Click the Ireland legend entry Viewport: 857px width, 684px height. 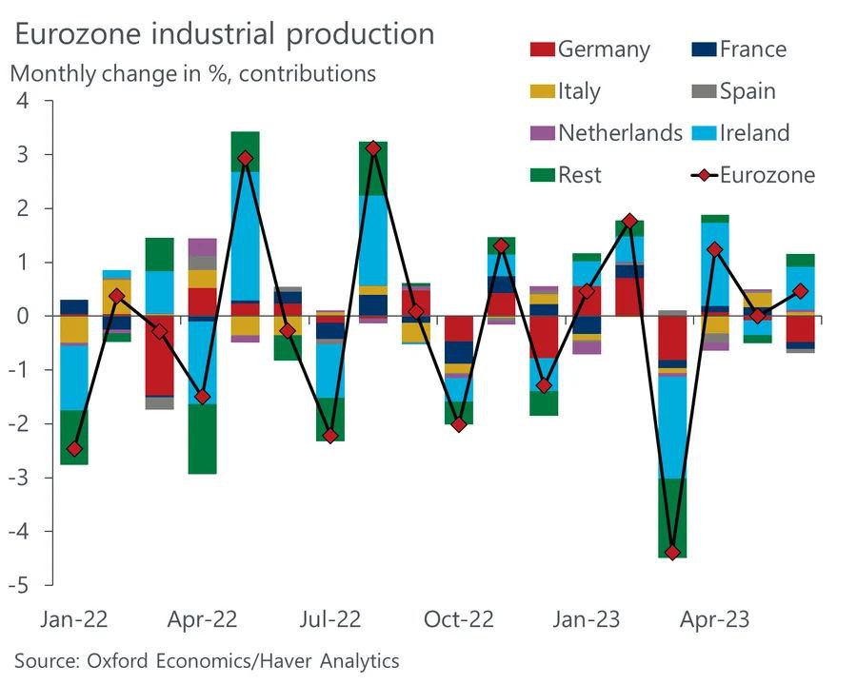click(739, 132)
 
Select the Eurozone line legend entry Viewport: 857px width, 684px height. click(751, 174)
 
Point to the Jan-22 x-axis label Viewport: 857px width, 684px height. click(74, 619)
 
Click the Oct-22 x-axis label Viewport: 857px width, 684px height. click(459, 619)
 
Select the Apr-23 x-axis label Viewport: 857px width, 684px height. click(714, 619)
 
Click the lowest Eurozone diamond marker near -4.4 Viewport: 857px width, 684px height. click(672, 552)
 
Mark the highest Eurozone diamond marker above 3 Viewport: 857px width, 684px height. click(373, 148)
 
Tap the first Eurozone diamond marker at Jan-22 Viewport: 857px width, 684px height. click(74, 448)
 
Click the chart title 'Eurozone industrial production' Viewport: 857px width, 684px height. click(224, 34)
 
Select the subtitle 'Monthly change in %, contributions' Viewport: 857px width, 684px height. click(193, 72)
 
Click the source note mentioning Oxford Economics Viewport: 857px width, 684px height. click(207, 660)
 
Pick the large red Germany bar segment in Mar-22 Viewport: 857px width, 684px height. click(159, 356)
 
